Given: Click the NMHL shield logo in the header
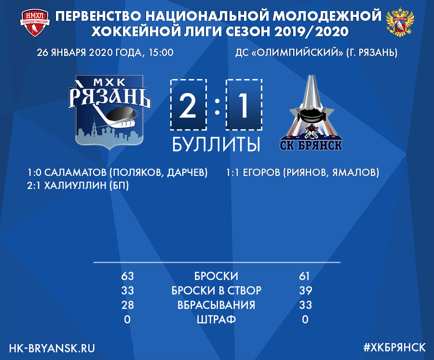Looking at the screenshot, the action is pyautogui.click(x=35, y=23).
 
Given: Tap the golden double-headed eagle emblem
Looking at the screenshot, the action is pyautogui.click(x=400, y=23).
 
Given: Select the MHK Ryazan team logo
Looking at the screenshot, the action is pyautogui.click(x=109, y=112).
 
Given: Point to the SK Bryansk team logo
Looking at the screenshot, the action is pyautogui.click(x=311, y=113).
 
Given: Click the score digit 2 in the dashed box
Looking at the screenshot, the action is pyautogui.click(x=188, y=106).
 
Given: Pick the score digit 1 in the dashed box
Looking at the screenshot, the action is pyautogui.click(x=244, y=106).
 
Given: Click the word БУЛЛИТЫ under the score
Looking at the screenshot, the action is pyautogui.click(x=216, y=144).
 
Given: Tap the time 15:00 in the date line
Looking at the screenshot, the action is pyautogui.click(x=161, y=53).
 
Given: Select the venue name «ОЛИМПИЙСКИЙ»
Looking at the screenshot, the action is pyautogui.click(x=297, y=53).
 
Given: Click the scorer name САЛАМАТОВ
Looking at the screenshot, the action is pyautogui.click(x=75, y=173).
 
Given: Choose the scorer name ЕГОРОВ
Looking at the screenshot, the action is pyautogui.click(x=261, y=173).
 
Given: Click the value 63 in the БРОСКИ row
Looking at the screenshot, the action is pyautogui.click(x=127, y=276).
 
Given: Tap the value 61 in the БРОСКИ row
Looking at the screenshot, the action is pyautogui.click(x=304, y=276).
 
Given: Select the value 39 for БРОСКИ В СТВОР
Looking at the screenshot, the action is pyautogui.click(x=306, y=290).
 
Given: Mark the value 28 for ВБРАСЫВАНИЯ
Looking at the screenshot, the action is pyautogui.click(x=127, y=305).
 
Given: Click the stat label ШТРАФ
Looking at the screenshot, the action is pyautogui.click(x=216, y=320).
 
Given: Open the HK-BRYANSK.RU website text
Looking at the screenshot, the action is pyautogui.click(x=52, y=348).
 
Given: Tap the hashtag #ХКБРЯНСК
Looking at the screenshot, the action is pyautogui.click(x=394, y=347).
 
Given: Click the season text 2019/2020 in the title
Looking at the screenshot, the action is pyautogui.click(x=311, y=31).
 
